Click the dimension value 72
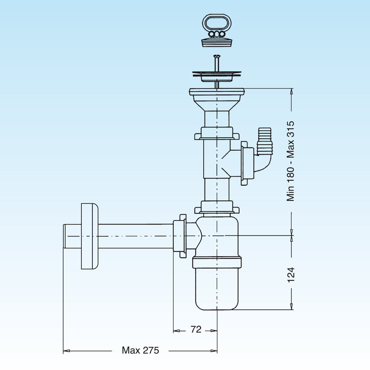tap(196, 330)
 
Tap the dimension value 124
tap(291, 274)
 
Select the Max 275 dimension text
tap(140, 350)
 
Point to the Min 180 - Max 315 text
tap(290, 161)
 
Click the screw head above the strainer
tap(217, 56)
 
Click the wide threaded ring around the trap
tap(217, 262)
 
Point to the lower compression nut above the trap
tap(217, 207)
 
